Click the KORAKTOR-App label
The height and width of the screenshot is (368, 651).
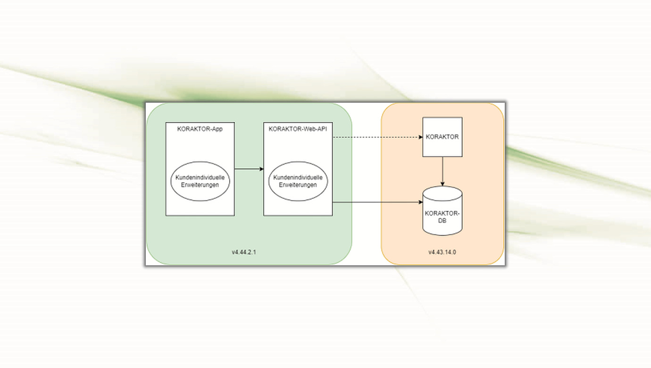point(200,129)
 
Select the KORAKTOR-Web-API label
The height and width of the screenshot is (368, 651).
point(298,129)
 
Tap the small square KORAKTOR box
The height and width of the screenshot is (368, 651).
point(442,137)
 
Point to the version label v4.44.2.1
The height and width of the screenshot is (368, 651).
point(244,252)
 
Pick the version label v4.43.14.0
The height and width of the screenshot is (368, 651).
point(442,252)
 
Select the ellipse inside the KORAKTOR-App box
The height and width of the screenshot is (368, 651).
point(200,182)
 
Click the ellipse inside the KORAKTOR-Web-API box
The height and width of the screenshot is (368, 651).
point(298,182)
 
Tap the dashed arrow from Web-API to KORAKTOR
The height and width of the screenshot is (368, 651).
point(377,137)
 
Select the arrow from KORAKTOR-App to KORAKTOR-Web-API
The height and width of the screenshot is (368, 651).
point(249,168)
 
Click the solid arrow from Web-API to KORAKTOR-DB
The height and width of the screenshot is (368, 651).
point(377,202)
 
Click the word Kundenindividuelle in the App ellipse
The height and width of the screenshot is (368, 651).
point(200,177)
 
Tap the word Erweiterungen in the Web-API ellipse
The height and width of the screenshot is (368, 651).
point(298,185)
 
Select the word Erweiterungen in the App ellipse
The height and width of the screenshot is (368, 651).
point(200,185)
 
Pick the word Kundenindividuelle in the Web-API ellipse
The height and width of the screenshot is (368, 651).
point(298,177)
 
